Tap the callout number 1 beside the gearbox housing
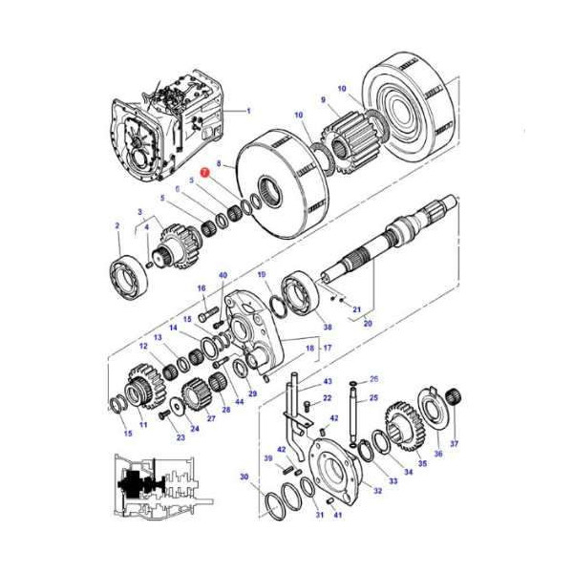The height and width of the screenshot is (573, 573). [248, 111]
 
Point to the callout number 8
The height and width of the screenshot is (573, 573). [219, 165]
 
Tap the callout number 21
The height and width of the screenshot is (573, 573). [355, 310]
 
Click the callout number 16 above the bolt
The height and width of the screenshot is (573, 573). [202, 287]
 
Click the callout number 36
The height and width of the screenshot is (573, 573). [438, 454]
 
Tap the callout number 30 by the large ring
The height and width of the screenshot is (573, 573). [244, 477]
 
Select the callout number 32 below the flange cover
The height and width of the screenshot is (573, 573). [377, 491]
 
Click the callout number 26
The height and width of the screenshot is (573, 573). [373, 379]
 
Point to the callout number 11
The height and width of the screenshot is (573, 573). [143, 424]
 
